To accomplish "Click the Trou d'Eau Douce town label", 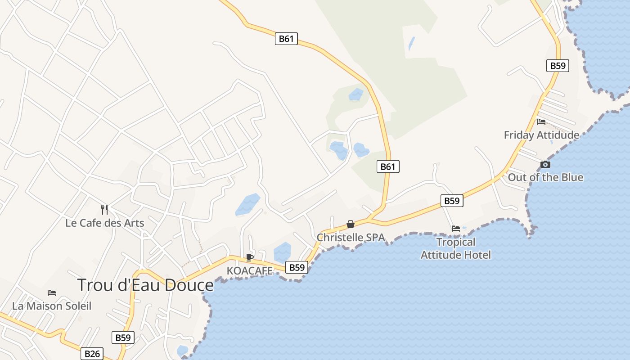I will (x=145, y=285).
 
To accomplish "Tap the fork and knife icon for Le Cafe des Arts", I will (x=104, y=209).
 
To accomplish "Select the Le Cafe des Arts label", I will (x=104, y=223).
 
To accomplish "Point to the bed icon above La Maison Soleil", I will (x=52, y=293).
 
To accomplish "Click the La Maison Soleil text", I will (x=52, y=306).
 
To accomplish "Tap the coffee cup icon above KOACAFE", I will (x=250, y=257).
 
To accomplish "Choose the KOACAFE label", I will (x=250, y=270).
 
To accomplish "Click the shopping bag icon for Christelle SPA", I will (x=351, y=224).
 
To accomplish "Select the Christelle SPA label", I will (x=351, y=237).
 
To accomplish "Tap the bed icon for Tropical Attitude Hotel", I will (x=456, y=229).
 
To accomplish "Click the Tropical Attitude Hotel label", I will (x=455, y=248).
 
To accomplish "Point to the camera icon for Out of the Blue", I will (x=545, y=164).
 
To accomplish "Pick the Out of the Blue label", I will (x=545, y=177).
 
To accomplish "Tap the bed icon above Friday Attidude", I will (x=541, y=121).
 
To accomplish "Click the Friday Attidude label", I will (x=541, y=135).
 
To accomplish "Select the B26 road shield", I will (x=92, y=354).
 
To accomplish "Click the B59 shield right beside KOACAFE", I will (x=297, y=267).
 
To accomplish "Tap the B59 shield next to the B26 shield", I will (x=123, y=337).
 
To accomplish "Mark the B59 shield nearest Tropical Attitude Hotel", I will (x=451, y=201).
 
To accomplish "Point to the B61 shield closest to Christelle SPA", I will (x=388, y=167).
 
